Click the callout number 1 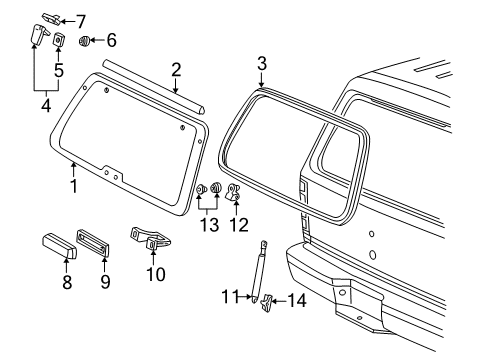coord(73,186)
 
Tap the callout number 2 coord(175,69)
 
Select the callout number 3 coord(261,63)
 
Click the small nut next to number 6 coord(86,41)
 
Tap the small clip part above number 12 coord(236,194)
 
